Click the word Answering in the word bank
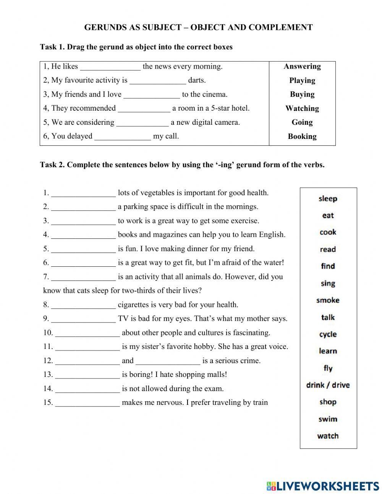(x=302, y=66)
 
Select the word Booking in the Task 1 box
(x=302, y=136)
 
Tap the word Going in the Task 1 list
(x=302, y=122)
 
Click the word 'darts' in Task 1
(x=196, y=80)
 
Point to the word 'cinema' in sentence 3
(x=215, y=94)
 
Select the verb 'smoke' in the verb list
(x=328, y=300)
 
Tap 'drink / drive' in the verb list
(x=328, y=385)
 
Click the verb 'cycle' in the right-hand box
(x=328, y=334)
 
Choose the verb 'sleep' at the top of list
(x=328, y=199)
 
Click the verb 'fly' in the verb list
(x=328, y=368)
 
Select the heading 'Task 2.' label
(x=52, y=165)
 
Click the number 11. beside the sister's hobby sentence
(x=48, y=347)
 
